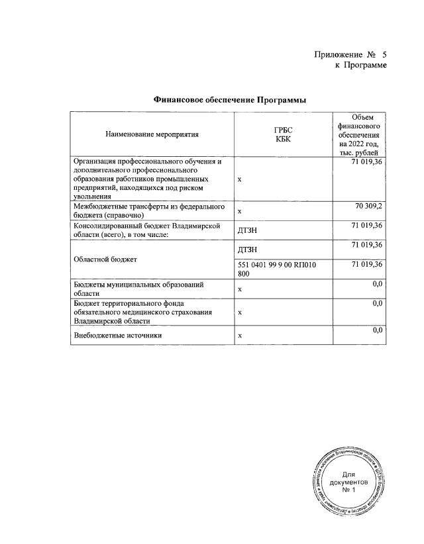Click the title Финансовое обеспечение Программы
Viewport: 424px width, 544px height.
pyautogui.click(x=229, y=100)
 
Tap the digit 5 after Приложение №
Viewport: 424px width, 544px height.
pyautogui.click(x=383, y=54)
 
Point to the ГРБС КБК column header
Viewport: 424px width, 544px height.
pyautogui.click(x=283, y=134)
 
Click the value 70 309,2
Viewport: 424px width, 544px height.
pyautogui.click(x=369, y=206)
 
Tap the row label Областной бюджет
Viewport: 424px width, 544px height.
pyautogui.click(x=106, y=259)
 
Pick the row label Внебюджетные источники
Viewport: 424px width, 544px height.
pyautogui.click(x=118, y=336)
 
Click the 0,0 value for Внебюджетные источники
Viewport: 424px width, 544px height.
pyautogui.click(x=378, y=330)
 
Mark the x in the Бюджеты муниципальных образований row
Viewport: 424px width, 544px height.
pyautogui.click(x=240, y=289)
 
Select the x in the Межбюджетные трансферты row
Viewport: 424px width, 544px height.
pyautogui.click(x=240, y=211)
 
